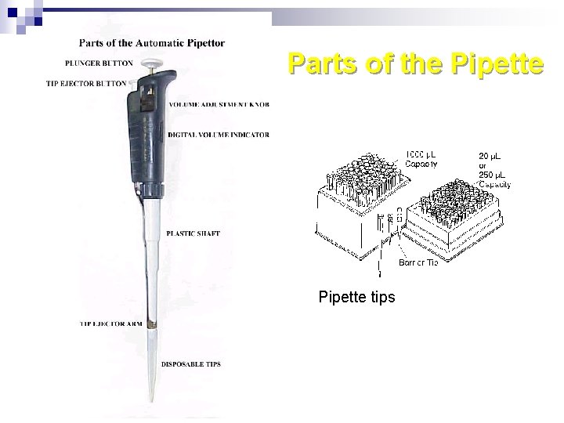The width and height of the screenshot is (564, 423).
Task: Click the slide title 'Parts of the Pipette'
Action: tap(414, 63)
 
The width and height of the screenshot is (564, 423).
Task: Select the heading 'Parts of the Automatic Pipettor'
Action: tap(151, 43)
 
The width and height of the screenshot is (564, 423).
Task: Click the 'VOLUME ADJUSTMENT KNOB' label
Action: tap(219, 104)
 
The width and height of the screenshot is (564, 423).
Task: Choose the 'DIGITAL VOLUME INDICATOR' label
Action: tap(219, 135)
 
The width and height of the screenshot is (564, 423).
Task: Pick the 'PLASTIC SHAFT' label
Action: tap(193, 233)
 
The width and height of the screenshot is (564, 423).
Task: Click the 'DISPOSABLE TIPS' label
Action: tap(190, 364)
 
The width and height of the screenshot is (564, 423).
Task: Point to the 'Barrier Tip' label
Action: tap(418, 262)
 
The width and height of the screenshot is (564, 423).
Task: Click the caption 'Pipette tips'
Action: tap(356, 298)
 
